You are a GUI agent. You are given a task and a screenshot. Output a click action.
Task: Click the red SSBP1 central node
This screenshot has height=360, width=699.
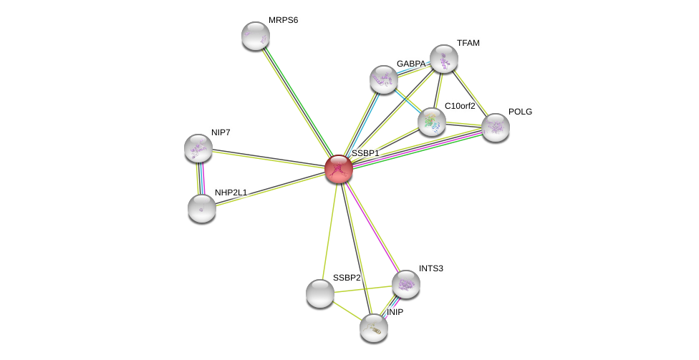point(338,169)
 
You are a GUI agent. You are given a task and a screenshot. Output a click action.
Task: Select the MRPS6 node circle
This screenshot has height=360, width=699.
point(255,36)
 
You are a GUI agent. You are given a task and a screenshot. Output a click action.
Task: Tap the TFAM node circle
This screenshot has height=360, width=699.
point(443,59)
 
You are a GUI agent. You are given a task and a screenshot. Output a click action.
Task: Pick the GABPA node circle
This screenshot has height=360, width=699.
point(384,79)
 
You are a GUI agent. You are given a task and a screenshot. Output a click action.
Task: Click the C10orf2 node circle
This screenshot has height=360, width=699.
point(432,122)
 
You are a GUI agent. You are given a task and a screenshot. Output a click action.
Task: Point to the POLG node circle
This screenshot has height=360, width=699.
point(495,127)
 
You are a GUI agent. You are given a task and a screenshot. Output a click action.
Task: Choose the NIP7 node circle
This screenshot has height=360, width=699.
point(198,148)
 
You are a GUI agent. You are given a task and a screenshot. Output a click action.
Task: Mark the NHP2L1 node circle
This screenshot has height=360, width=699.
point(202,208)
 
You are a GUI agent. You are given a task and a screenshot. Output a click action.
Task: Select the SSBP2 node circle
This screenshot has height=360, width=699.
point(320,293)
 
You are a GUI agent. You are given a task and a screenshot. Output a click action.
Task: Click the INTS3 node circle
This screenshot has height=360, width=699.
point(405,284)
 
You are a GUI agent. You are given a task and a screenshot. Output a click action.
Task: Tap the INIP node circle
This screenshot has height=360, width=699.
point(373,328)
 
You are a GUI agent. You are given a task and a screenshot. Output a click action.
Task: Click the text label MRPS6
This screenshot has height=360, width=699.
point(283,20)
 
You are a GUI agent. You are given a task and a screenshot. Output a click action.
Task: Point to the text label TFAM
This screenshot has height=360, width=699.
point(468,43)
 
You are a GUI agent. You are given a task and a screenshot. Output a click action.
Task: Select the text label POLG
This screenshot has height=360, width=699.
point(520,112)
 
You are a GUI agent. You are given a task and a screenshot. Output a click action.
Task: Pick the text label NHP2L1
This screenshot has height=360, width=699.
point(231,193)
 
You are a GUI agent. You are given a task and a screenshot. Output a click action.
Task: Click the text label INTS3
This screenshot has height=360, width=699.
point(431,268)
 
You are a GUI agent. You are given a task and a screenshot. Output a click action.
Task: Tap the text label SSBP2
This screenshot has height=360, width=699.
point(347,278)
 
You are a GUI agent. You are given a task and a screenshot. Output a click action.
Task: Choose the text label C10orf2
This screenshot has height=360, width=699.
point(460,106)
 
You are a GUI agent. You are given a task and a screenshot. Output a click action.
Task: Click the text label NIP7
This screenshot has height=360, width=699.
point(221,132)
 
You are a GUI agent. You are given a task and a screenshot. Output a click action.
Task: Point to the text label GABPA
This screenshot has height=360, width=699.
point(411,64)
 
